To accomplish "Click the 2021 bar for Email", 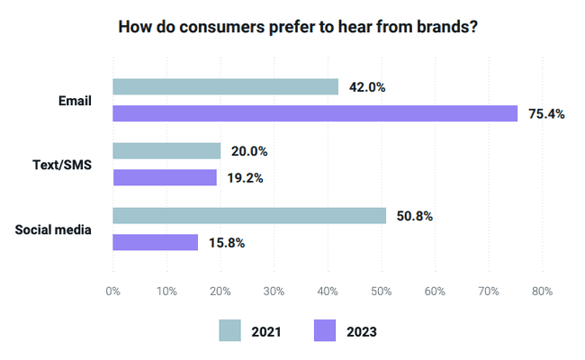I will (225, 87).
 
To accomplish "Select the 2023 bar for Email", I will (315, 113).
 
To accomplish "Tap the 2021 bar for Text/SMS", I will (166, 151).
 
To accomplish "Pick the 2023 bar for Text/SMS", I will (165, 177).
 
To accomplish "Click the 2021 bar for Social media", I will (249, 216).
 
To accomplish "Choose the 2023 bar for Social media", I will (155, 242).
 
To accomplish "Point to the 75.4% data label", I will (547, 114).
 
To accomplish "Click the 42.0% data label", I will (368, 87).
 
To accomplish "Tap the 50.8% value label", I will (415, 216).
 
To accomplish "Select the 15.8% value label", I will (227, 242).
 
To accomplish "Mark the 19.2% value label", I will (246, 178).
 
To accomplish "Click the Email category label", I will (74, 101).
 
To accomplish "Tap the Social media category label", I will (54, 229).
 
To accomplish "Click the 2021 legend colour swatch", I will (230, 330).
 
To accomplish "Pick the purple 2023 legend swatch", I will (325, 330).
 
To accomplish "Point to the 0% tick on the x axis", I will (113, 292).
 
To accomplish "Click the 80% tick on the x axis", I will (542, 292).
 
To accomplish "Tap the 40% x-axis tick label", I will (328, 292).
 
